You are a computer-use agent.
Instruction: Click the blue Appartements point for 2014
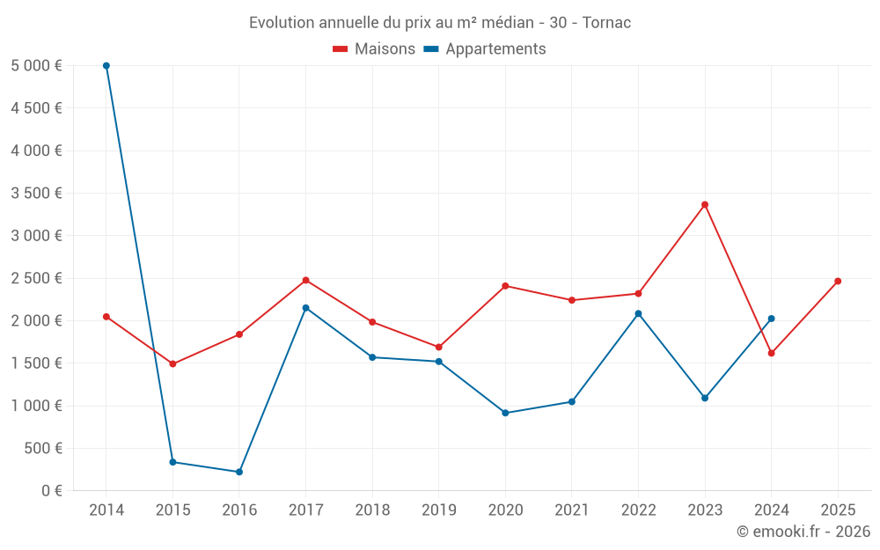(106, 66)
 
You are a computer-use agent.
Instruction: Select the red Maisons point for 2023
(705, 205)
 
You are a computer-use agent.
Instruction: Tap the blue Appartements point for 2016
(239, 472)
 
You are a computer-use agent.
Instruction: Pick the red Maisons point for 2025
(838, 282)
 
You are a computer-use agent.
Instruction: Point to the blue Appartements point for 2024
(772, 319)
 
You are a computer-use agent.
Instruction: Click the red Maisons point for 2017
(305, 280)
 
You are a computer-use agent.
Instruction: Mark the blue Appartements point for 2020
(505, 413)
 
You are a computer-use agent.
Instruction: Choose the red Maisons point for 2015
(172, 363)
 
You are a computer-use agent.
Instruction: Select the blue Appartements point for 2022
(638, 313)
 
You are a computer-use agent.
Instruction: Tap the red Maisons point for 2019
(439, 347)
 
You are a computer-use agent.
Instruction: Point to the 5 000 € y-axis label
(36, 66)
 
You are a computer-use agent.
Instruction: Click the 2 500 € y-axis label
(36, 278)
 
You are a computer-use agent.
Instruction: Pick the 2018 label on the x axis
(372, 510)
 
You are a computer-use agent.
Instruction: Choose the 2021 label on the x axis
(572, 510)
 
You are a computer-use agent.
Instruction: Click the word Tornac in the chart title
(606, 23)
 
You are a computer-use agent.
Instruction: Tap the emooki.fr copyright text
(803, 532)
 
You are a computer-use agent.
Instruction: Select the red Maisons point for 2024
(772, 353)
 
